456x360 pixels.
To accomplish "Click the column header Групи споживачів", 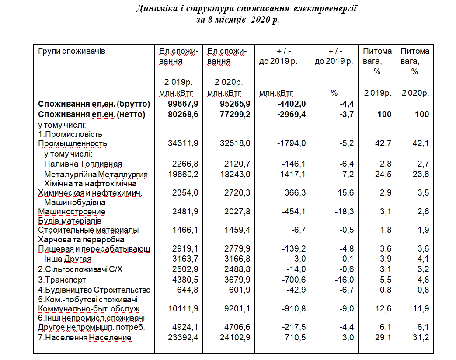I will pos(72,51).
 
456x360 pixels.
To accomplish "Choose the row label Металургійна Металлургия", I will pos(96,175).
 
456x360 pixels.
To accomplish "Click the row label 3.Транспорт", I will pos(62,280).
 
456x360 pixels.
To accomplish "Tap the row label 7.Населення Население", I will pos(85,338).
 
